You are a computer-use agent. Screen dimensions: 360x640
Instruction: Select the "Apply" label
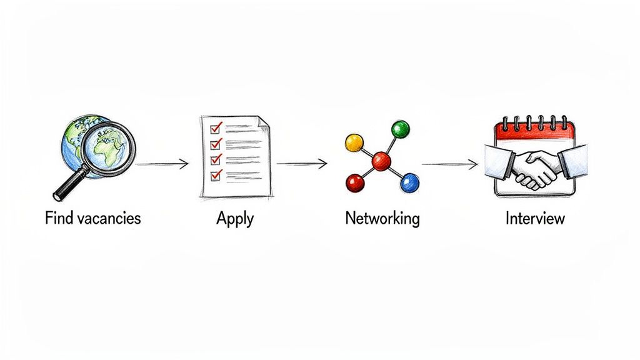235,218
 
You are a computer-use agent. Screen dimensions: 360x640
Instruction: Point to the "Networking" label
382,218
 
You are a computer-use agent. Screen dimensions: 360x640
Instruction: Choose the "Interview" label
535,218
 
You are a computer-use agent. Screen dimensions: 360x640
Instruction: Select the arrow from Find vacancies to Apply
162,164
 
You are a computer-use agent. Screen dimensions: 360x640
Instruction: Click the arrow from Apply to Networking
302,164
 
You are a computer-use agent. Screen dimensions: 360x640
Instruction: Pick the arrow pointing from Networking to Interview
449,164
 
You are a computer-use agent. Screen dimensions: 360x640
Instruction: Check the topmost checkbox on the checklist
216,128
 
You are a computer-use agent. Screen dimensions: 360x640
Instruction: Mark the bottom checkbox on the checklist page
216,175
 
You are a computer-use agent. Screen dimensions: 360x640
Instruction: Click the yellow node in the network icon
354,143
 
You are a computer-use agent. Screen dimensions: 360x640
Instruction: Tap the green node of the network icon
399,129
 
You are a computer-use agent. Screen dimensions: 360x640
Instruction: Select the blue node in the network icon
409,182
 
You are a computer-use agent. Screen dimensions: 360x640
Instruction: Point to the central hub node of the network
381,162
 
